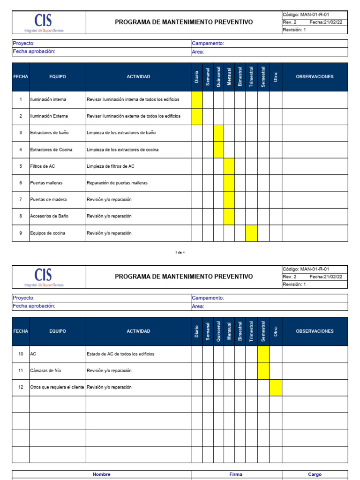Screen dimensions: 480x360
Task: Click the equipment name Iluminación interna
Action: point(48,99)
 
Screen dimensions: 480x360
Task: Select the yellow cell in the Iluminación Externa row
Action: point(196,116)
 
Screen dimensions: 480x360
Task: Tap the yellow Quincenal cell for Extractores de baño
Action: point(218,133)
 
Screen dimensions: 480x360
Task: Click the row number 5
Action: point(21,166)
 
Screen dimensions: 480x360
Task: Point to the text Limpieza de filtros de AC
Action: point(111,166)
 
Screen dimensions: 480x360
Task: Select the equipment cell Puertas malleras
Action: point(46,183)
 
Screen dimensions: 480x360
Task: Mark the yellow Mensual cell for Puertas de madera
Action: point(229,200)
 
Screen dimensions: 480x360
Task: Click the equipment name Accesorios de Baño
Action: point(49,216)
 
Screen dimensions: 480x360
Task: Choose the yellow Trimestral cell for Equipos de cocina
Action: point(251,233)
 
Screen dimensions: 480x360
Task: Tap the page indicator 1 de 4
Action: point(180,253)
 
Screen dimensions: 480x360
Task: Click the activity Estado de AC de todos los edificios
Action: point(120,354)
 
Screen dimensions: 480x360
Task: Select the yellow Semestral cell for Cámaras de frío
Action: point(263,371)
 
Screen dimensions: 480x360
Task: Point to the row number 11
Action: point(21,371)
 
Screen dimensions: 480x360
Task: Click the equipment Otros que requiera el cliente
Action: point(57,387)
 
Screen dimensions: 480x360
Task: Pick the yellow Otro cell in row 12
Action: point(276,388)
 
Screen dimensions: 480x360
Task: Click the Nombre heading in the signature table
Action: point(101,474)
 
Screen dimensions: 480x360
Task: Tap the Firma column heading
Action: point(236,474)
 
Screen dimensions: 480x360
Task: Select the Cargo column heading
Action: point(315,474)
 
